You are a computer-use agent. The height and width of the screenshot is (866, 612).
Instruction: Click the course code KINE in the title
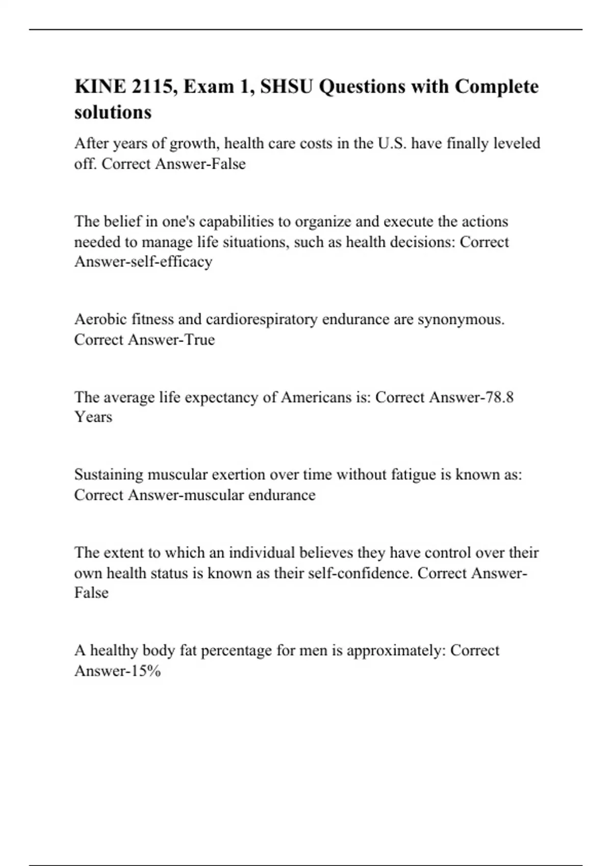(100, 87)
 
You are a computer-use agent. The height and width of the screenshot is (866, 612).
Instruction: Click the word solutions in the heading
(113, 112)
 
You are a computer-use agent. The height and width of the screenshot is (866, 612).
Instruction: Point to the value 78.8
(500, 397)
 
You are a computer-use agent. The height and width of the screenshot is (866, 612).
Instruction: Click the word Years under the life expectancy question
(93, 417)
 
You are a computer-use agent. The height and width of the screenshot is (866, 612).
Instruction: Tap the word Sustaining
(109, 475)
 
